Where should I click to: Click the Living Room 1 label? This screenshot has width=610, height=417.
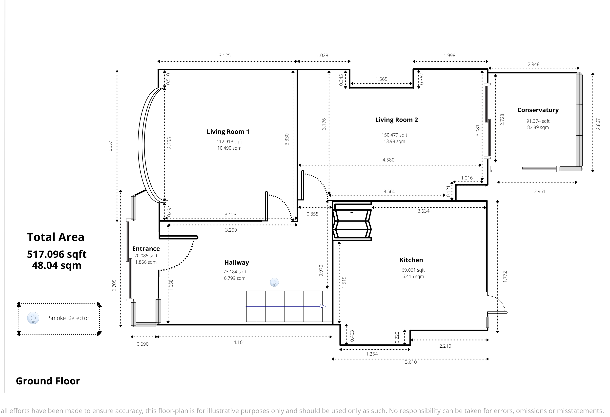pyautogui.click(x=228, y=132)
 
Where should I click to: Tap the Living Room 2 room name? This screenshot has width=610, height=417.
pyautogui.click(x=396, y=120)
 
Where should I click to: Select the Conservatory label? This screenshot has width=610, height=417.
pyautogui.click(x=538, y=110)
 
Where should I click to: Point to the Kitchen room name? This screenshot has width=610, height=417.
pyautogui.click(x=411, y=260)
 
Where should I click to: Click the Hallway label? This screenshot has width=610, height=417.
pyautogui.click(x=237, y=262)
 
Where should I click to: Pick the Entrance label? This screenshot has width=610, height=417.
pyautogui.click(x=146, y=249)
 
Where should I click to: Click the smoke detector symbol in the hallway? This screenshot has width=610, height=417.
pyautogui.click(x=274, y=282)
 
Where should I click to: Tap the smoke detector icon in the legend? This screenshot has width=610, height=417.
pyautogui.click(x=33, y=318)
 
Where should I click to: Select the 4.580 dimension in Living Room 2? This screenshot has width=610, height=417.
pyautogui.click(x=388, y=160)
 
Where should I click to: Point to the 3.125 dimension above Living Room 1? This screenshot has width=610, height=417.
pyautogui.click(x=225, y=55)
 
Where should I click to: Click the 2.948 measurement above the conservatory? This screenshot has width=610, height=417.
pyautogui.click(x=534, y=64)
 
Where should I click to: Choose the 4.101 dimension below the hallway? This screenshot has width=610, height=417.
pyautogui.click(x=239, y=342)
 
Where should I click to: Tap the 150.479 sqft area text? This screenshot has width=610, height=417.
pyautogui.click(x=394, y=135)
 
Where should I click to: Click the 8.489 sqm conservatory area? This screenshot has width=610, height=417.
pyautogui.click(x=538, y=127)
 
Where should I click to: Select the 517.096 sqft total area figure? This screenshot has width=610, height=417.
pyautogui.click(x=57, y=254)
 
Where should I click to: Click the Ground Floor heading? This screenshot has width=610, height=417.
pyautogui.click(x=48, y=381)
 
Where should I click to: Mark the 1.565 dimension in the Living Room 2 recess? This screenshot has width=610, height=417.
pyautogui.click(x=381, y=79)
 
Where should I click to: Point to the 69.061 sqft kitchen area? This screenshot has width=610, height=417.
pyautogui.click(x=413, y=270)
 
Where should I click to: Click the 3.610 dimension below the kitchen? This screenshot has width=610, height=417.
pyautogui.click(x=411, y=362)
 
